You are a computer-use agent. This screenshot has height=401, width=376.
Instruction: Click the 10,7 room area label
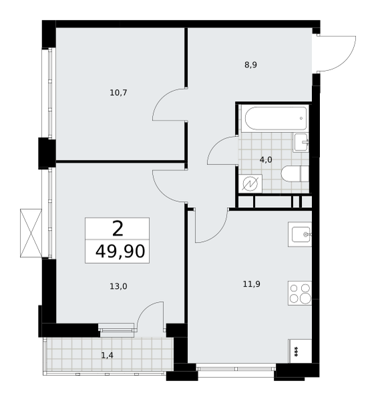coord(118,93)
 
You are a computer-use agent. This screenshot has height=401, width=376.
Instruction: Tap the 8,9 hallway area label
coord(250,65)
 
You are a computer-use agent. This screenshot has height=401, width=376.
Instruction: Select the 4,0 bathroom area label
coord(266,160)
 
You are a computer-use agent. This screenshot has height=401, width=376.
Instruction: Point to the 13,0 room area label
coord(118,287)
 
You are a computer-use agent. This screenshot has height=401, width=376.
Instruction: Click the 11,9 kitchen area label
coord(252,284)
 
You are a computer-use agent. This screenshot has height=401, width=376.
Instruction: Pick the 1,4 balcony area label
coord(108,356)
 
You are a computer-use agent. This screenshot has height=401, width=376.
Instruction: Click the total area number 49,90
coord(120,251)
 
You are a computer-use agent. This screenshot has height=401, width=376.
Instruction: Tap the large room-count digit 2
coord(118,229)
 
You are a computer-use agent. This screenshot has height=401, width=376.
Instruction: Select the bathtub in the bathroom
coord(275,119)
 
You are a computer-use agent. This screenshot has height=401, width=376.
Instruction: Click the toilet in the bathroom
coord(295,174)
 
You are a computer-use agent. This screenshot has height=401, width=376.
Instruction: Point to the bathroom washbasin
coord(301,142)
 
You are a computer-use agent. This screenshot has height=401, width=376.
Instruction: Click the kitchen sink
coord(300,235)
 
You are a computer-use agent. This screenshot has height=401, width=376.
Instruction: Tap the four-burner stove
coord(300,293)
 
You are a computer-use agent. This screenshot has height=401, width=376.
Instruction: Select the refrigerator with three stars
coord(300,351)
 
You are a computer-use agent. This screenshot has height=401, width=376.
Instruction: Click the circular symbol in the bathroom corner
coord(250,184)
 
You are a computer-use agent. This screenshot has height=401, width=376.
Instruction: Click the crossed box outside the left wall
coord(31,233)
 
